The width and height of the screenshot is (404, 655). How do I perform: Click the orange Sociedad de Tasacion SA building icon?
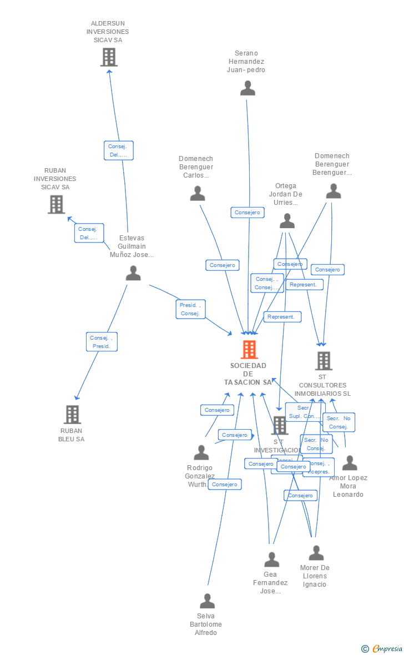(x=249, y=350)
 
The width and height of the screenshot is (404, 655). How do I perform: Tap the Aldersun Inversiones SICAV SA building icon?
(x=109, y=57)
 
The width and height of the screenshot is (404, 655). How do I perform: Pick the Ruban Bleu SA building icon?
(x=72, y=415)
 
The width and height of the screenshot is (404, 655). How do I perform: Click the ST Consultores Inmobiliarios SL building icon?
(x=324, y=361)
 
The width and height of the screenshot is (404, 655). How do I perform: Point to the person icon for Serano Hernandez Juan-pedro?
(x=248, y=88)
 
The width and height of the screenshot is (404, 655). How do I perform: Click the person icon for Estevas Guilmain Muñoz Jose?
(x=133, y=273)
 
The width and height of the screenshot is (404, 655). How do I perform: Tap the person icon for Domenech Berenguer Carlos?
(x=198, y=193)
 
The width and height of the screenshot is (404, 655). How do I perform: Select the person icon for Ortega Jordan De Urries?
(x=287, y=221)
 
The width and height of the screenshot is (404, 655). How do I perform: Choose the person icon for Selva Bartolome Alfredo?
(x=207, y=601)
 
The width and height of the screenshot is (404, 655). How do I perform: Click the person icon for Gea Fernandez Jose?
(x=271, y=560)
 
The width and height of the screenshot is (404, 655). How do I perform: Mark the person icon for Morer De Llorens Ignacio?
(x=316, y=553)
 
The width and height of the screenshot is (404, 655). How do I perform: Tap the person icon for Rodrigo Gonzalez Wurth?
(x=201, y=452)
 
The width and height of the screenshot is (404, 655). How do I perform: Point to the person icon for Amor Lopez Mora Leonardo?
(x=350, y=463)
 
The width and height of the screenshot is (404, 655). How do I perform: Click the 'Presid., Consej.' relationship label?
(x=190, y=309)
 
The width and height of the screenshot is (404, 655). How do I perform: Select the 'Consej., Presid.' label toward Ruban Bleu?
(x=102, y=341)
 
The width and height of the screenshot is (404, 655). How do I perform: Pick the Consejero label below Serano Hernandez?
(x=248, y=212)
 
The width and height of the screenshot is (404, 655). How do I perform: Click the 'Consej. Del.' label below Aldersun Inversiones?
(x=118, y=150)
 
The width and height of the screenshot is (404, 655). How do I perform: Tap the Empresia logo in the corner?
(x=383, y=648)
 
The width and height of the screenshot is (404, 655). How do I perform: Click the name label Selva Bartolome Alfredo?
(x=206, y=624)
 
